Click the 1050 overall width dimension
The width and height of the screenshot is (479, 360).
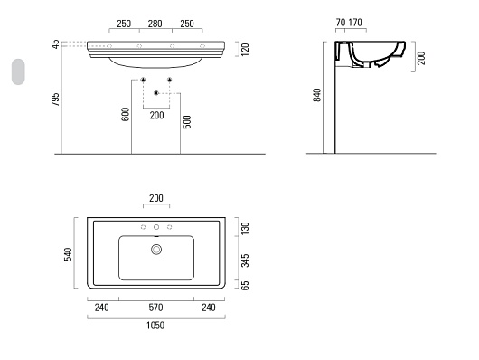pyautogui.click(x=155, y=325)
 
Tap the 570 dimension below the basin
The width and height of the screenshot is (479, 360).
pyautogui.click(x=155, y=308)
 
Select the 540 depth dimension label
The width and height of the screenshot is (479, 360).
pyautogui.click(x=68, y=254)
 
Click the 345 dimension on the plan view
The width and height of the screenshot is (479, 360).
pyautogui.click(x=245, y=261)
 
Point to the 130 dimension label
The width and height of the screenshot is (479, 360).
pyautogui.click(x=245, y=229)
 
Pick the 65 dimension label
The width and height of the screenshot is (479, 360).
pyautogui.click(x=245, y=285)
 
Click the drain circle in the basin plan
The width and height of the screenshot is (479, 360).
pyautogui.click(x=156, y=250)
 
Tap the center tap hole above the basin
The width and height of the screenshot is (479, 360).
pyautogui.click(x=156, y=227)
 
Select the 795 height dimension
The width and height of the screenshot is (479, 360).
pyautogui.click(x=55, y=99)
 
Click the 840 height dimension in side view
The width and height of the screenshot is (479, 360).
pyautogui.click(x=317, y=95)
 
